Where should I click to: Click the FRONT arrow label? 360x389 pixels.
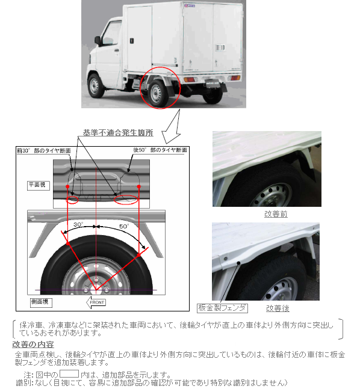96,302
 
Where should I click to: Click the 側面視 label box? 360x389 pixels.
41,302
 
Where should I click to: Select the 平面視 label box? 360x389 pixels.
39,185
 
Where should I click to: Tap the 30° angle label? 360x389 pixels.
78,224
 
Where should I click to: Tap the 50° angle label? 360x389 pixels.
124,226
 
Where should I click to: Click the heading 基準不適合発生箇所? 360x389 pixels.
118,133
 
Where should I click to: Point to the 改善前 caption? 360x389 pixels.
276,214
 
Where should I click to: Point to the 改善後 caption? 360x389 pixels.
278,308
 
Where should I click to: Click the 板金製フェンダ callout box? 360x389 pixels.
222,308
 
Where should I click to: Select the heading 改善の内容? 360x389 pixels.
33,345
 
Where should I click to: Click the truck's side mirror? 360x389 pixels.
98,41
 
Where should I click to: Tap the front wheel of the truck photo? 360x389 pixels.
95,86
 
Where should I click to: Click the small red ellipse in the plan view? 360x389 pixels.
72,200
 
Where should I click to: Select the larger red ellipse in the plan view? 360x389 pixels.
126,200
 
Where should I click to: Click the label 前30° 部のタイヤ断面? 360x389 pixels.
44,150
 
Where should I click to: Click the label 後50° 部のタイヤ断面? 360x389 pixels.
160,150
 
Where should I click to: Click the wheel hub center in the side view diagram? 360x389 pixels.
96,289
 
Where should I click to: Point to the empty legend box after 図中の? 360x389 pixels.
69,373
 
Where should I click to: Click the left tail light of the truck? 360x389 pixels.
190,79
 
